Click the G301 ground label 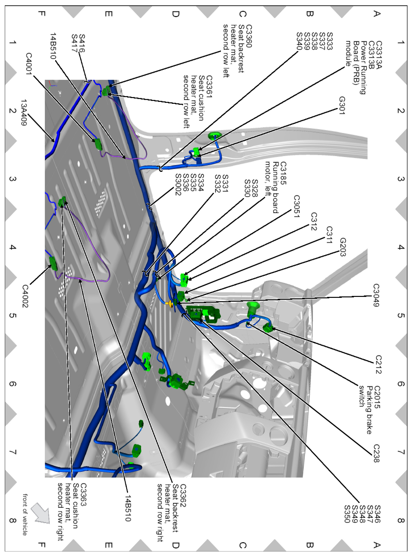pyautogui.click(x=342, y=105)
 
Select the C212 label pyautogui.click(x=378, y=364)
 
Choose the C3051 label pyautogui.click(x=297, y=206)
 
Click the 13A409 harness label pyautogui.click(x=24, y=112)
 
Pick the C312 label pyautogui.click(x=314, y=221)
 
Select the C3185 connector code pyautogui.click(x=283, y=173)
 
